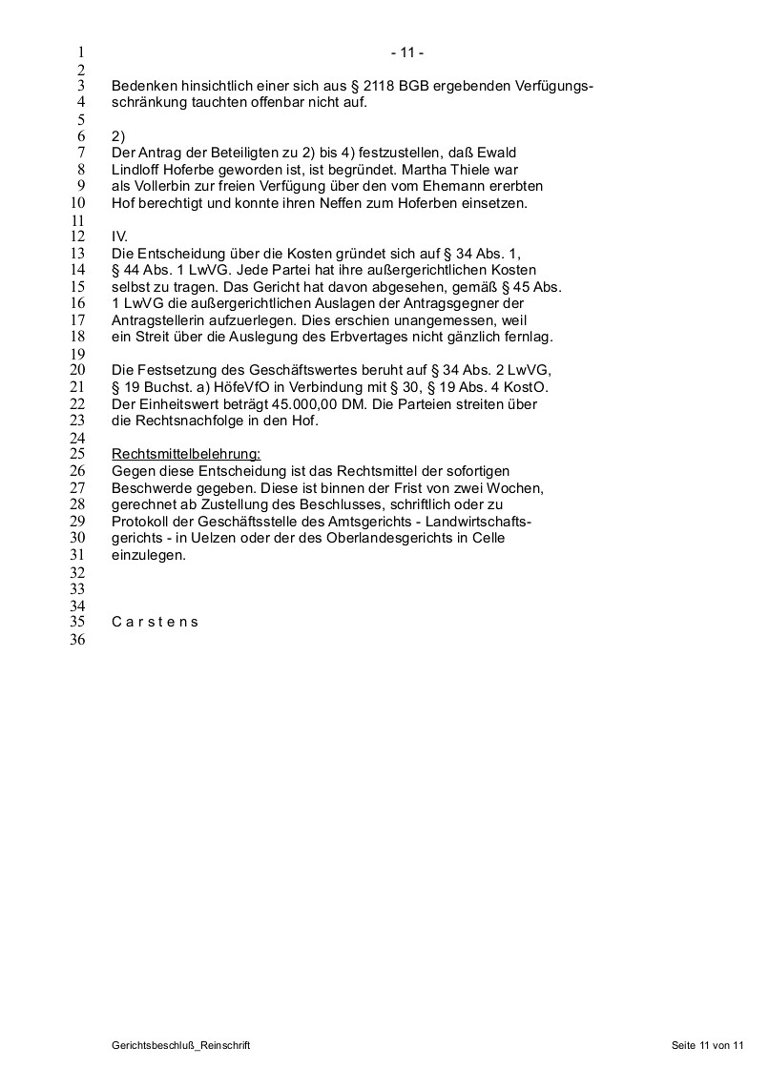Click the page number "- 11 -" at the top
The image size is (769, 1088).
(413, 53)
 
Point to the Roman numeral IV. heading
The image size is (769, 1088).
(119, 236)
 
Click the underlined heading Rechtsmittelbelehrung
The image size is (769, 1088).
(186, 453)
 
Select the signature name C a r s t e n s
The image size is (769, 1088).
(155, 622)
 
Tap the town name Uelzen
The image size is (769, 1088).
(226, 538)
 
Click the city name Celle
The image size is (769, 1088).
(488, 538)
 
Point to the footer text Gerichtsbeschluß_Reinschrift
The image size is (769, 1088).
(180, 1046)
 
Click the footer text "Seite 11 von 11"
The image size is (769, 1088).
(707, 1046)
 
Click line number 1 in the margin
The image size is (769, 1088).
(81, 53)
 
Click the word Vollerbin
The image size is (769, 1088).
(160, 186)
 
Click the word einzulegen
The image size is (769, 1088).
(148, 555)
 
